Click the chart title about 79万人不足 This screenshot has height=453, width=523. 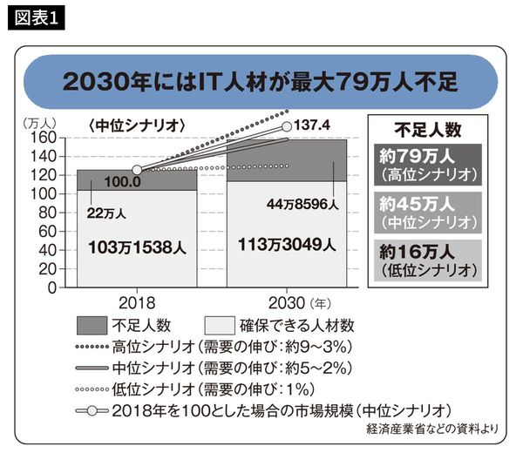261,83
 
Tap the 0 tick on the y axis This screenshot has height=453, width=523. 51,287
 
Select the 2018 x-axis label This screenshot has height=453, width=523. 137,304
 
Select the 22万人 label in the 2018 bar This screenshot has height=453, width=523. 105,210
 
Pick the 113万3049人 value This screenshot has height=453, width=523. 284,247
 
